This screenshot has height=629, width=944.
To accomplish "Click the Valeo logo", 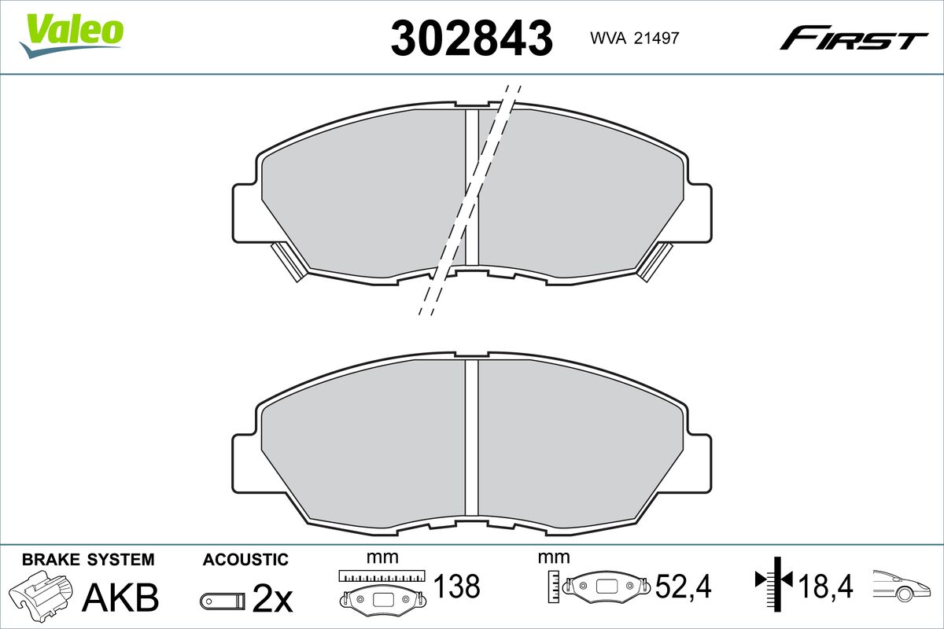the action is [x=72, y=35].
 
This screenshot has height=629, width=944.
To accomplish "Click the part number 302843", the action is [x=471, y=38].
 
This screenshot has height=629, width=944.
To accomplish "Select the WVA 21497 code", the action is [x=635, y=39].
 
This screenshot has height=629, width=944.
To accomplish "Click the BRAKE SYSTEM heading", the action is [x=88, y=560].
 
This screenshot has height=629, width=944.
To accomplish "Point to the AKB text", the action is [x=120, y=598].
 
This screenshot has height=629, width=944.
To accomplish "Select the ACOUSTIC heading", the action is [x=245, y=560].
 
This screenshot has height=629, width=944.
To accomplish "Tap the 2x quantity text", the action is [x=272, y=598].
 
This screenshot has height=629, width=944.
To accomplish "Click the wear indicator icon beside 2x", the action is [x=222, y=601].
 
